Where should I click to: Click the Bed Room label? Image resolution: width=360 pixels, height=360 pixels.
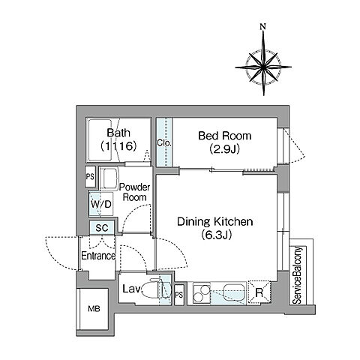(x=225, y=136)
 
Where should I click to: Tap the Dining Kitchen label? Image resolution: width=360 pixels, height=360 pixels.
(x=215, y=222)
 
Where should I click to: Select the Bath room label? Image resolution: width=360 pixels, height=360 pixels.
(x=118, y=133)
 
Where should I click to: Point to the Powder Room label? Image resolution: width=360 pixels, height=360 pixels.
(x=134, y=192)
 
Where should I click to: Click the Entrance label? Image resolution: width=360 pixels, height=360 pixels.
(x=98, y=256)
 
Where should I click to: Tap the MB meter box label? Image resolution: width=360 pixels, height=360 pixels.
(x=94, y=309)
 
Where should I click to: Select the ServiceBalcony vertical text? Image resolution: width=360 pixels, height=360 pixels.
(x=297, y=275)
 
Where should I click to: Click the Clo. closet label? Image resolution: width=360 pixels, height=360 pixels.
(x=164, y=143)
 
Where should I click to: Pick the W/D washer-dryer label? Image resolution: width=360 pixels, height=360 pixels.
(x=100, y=204)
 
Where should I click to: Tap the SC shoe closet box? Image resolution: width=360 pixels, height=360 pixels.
(x=102, y=228)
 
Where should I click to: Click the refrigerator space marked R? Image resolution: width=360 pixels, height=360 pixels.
(x=259, y=292)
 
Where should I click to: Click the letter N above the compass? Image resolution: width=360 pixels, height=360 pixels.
(x=262, y=27)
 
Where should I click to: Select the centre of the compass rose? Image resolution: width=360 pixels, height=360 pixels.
(x=263, y=67)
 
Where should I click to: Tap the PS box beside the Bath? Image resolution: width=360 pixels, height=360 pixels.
(x=90, y=176)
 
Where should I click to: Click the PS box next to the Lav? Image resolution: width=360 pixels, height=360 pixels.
(x=179, y=295)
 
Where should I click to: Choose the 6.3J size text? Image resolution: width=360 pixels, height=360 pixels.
(x=216, y=235)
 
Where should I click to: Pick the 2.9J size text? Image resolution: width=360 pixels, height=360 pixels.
(x=225, y=149)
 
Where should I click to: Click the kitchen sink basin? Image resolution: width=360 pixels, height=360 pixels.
(x=234, y=292)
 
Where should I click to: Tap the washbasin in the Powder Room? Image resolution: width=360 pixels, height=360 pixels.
(x=109, y=178)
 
